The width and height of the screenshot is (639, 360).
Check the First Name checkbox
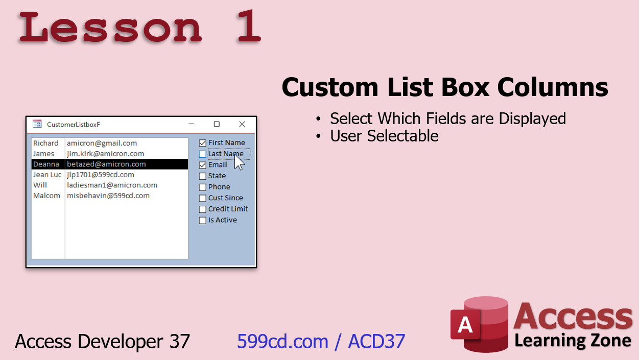pos(202,143)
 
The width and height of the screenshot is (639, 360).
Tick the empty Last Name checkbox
pos(202,154)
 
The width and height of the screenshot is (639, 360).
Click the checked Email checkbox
pos(202,165)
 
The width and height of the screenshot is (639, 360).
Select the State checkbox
pos(202,176)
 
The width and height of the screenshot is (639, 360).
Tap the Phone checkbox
pos(202,187)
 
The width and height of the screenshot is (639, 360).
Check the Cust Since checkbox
pos(202,198)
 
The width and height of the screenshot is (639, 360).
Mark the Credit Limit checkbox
pos(202,209)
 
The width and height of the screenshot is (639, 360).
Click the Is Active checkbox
pos(202,220)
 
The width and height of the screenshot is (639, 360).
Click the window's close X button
pos(242,124)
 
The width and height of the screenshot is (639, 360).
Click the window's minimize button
pos(191,124)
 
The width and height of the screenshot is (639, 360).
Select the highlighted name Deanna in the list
pos(46,164)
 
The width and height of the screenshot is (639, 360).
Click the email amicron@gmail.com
pos(102,143)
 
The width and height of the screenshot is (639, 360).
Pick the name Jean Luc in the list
pos(47,175)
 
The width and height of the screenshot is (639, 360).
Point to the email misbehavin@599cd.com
pos(108,196)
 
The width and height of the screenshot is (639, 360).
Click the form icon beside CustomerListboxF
pos(37,124)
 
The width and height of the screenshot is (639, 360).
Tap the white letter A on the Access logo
pos(465,325)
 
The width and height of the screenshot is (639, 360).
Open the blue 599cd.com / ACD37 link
pos(321,341)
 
